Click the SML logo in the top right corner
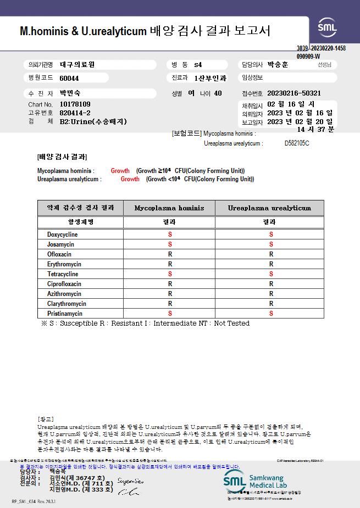click(x=328, y=27)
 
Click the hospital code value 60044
click(x=69, y=78)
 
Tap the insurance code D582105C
click(x=297, y=143)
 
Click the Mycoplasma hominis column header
click(x=169, y=208)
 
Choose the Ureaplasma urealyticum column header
click(x=269, y=208)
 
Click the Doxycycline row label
click(x=63, y=235)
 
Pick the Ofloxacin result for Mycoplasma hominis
click(x=170, y=254)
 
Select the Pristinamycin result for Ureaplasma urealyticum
click(x=271, y=314)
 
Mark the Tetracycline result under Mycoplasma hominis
click(x=170, y=274)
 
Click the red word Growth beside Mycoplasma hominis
click(x=120, y=171)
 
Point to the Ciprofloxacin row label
click(x=64, y=284)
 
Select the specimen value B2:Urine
click(x=93, y=121)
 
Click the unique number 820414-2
click(x=75, y=113)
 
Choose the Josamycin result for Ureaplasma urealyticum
click(x=271, y=244)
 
